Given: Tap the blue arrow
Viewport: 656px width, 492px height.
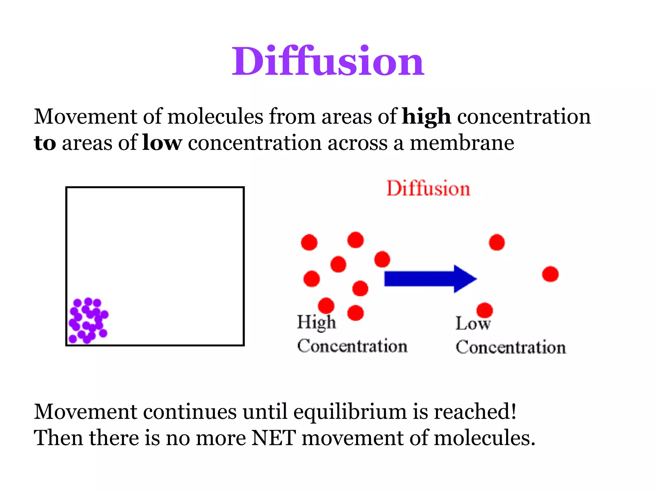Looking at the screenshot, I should point(429,279).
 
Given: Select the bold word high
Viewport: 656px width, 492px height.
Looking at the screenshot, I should point(426,117).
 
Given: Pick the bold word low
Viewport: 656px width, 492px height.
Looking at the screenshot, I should point(162,143).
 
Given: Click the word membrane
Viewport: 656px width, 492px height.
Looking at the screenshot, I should point(462,143).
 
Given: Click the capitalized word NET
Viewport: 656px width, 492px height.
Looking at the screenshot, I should point(274,438).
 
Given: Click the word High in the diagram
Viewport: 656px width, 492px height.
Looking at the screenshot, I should point(316,322).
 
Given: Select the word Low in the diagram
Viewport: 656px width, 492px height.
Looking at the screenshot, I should point(473,324).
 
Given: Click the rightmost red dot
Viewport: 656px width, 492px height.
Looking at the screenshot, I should point(550,274).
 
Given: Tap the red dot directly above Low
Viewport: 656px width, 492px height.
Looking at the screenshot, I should point(485,310).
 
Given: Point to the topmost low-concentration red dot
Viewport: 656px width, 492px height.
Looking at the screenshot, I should point(497,242).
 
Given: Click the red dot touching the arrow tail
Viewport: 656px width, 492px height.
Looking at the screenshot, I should point(382,259).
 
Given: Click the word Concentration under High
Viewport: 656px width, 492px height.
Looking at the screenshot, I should point(352,346).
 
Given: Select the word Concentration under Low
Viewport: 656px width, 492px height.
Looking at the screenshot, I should point(511,348).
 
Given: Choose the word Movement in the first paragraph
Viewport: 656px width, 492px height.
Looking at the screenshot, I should point(86,117).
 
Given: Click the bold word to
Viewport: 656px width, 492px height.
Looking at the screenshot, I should point(45,143).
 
